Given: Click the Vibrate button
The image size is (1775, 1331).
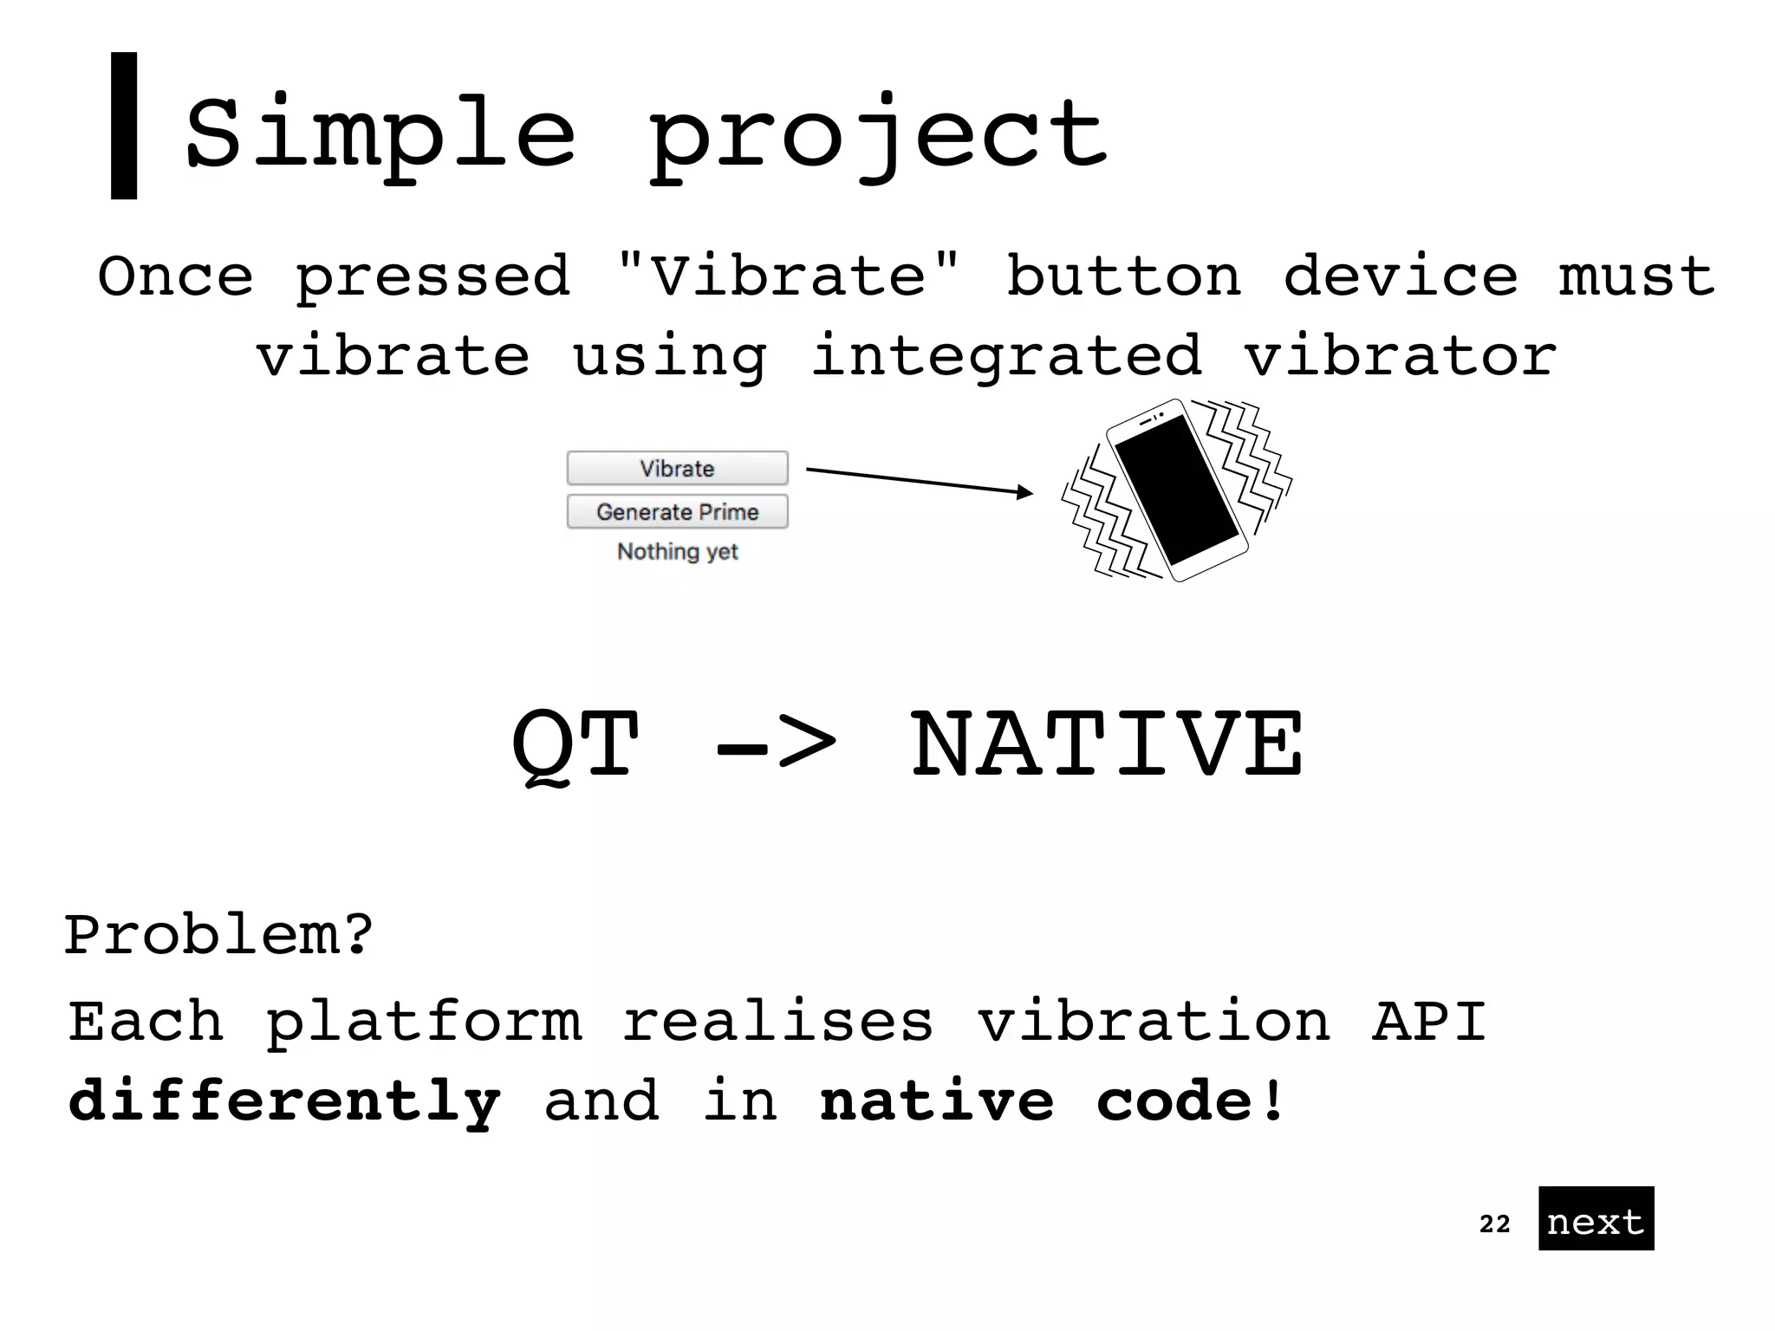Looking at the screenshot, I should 677,468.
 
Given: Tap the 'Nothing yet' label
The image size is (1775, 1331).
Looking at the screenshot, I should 677,551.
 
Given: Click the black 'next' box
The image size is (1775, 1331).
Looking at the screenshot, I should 1596,1218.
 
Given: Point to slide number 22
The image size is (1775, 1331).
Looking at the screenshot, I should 1494,1224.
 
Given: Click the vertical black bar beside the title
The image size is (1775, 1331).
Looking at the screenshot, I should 124,126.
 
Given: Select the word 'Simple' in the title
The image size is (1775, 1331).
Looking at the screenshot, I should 380,134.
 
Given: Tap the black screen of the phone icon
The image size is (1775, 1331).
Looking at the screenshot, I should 1176,490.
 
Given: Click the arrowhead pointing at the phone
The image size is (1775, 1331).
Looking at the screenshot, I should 1025,492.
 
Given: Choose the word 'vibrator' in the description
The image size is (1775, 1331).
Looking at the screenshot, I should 1400,355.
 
